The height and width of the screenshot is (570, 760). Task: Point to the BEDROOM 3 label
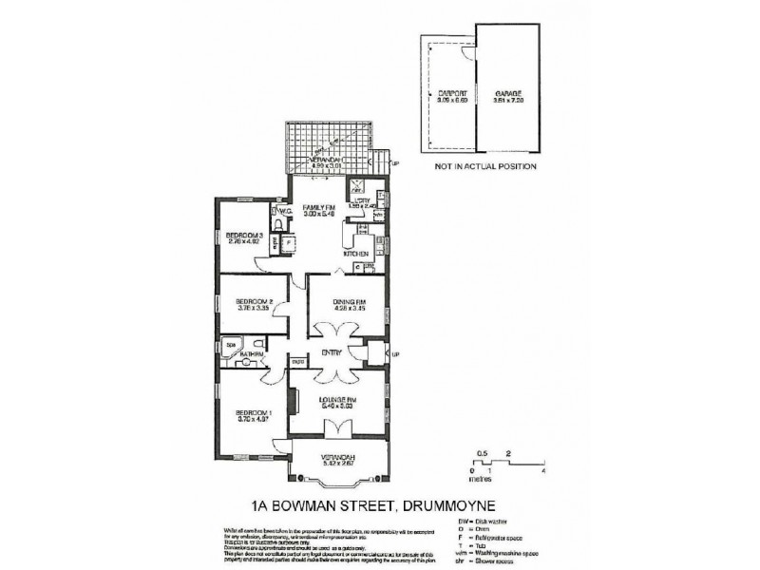coord(244,235)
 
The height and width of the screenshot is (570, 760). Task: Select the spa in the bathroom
coord(229,344)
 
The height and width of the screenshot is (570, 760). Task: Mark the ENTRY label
coord(331,352)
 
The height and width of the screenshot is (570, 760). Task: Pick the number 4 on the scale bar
coord(543,471)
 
